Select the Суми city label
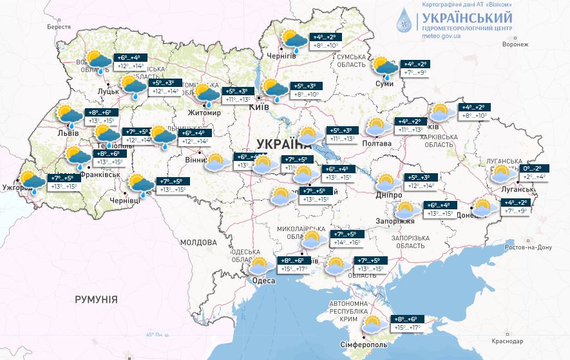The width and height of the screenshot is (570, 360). coord(385,84)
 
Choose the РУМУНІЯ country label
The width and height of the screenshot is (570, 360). coord(96,299)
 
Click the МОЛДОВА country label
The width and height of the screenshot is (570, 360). coord(198,243)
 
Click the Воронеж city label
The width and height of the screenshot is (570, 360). coord(515,44)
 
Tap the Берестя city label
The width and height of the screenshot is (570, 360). coord(59,27)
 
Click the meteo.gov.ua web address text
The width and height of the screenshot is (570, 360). coord(441,37)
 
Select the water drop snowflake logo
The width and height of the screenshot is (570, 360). coord(406,23)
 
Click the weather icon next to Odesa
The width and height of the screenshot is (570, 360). coord(258,265)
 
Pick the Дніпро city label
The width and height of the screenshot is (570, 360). coord(389,195)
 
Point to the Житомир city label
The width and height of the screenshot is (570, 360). coord(204,113)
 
